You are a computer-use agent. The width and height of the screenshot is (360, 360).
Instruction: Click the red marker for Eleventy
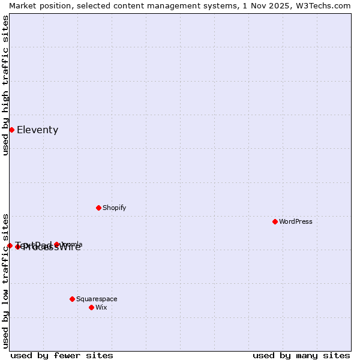pyautogui.click(x=11, y=130)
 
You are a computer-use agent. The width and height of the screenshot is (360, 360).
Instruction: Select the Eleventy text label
pyautogui.click(x=37, y=130)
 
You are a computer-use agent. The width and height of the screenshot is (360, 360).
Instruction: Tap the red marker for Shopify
pyautogui.click(x=98, y=208)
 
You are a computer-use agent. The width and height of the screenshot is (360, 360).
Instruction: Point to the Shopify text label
pyautogui.click(x=114, y=208)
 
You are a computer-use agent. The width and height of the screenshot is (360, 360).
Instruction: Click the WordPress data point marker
pyautogui.click(x=275, y=222)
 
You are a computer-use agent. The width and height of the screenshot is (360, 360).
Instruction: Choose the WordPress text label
pyautogui.click(x=296, y=222)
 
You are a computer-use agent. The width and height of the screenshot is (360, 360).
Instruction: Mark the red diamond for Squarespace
pyautogui.click(x=72, y=299)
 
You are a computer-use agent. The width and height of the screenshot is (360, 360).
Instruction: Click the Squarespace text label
pyautogui.click(x=97, y=299)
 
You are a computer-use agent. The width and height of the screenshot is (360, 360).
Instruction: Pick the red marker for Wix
pyautogui.click(x=91, y=307)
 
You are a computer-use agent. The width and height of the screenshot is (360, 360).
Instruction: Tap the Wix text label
pyautogui.click(x=101, y=308)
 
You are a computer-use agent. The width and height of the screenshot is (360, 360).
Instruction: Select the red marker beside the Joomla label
pyautogui.click(x=57, y=244)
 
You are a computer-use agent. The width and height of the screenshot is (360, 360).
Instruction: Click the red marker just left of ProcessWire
pyautogui.click(x=18, y=247)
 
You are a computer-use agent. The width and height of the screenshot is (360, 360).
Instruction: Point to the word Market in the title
pyautogui.click(x=22, y=5)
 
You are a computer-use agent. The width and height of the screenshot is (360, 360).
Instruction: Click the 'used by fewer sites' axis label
pyautogui.click(x=62, y=355)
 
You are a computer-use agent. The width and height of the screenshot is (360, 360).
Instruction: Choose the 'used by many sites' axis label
pyautogui.click(x=301, y=355)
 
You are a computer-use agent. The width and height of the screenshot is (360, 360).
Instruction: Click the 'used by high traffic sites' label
pyautogui.click(x=5, y=85)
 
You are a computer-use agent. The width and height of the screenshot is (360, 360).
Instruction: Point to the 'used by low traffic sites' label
pyautogui.click(x=5, y=281)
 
